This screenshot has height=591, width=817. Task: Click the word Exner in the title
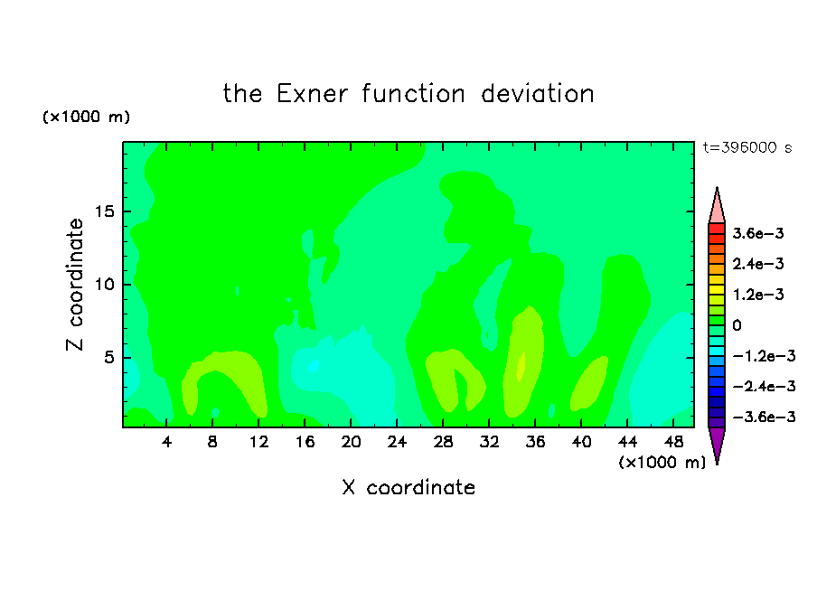[312, 94]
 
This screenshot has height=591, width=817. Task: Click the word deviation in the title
[538, 94]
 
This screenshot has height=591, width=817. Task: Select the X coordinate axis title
[408, 487]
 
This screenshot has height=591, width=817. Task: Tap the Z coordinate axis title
[74, 285]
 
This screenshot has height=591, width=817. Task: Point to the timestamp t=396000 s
[747, 147]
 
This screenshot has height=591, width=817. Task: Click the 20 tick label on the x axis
[351, 442]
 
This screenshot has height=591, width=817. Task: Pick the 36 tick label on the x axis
[535, 442]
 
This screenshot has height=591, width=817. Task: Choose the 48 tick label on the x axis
[673, 442]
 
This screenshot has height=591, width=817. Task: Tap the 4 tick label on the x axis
[166, 442]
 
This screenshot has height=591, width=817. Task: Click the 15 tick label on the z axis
[104, 211]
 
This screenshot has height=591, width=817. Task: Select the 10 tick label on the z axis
[104, 285]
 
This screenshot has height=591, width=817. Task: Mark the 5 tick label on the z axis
[108, 358]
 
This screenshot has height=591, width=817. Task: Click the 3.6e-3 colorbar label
[758, 233]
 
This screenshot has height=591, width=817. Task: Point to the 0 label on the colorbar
[737, 325]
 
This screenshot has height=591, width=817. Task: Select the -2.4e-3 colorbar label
[764, 386]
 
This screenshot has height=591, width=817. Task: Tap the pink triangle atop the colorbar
[717, 207]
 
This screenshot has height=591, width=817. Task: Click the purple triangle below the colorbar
[717, 444]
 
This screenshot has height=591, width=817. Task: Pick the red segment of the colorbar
[717, 229]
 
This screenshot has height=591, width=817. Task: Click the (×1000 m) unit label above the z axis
[86, 117]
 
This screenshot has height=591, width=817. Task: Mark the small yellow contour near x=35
[521, 366]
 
